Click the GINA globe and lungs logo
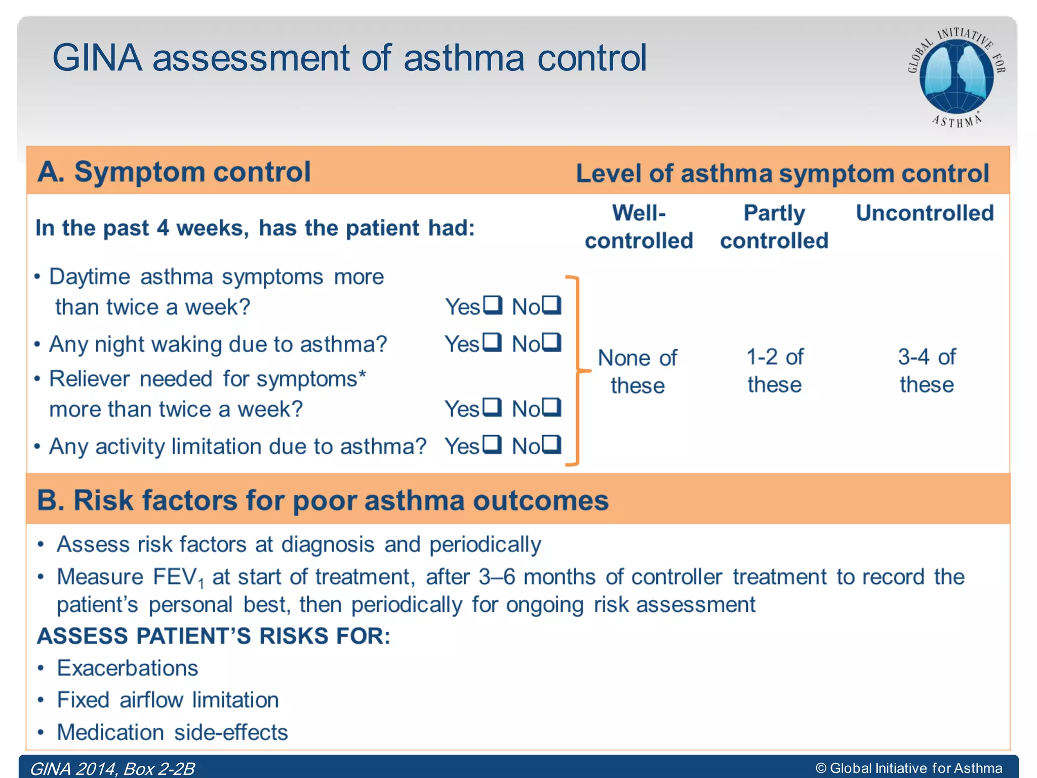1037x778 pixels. coord(956,77)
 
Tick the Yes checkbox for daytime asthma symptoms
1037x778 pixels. coord(492,305)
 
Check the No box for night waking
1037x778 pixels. coord(551,342)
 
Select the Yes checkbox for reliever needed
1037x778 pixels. coord(492,407)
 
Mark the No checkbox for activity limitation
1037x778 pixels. coord(551,445)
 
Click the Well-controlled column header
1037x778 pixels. coord(639,226)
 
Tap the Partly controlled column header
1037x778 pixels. coord(774,226)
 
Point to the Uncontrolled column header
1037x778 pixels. coord(925,213)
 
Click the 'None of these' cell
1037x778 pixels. coord(637,371)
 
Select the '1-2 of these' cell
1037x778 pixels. coord(775,371)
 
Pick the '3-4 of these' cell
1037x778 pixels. coord(927,371)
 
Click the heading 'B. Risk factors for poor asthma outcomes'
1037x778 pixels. coord(323,500)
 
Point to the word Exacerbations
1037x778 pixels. coord(127,668)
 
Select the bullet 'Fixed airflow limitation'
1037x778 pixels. coord(168,700)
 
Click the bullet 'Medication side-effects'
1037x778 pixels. coord(172,732)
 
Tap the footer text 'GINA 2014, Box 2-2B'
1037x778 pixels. coord(112,768)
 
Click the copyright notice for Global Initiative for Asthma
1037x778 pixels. coord(909,768)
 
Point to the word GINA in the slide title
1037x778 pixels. coord(97,58)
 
